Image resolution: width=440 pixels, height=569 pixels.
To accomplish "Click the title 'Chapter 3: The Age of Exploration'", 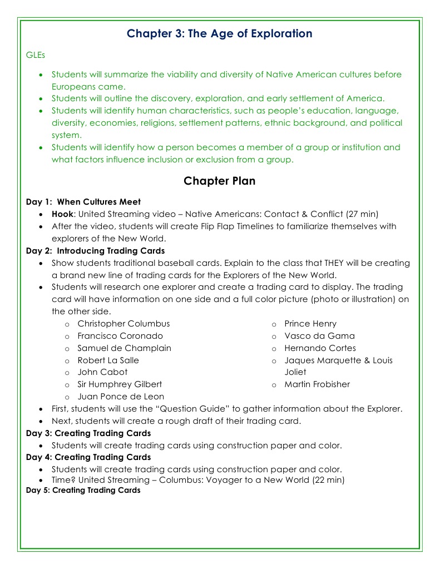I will click(219, 33).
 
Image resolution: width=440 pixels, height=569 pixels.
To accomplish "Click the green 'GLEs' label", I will click(35, 55).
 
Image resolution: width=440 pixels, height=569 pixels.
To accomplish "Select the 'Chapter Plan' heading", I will click(219, 181).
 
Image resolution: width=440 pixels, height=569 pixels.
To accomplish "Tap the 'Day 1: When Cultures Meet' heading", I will click(83, 202).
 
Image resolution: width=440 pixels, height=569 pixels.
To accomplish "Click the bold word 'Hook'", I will click(62, 214).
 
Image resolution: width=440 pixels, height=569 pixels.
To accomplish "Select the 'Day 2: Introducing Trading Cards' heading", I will click(95, 251).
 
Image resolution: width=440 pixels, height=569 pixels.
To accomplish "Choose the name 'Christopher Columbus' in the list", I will click(123, 324).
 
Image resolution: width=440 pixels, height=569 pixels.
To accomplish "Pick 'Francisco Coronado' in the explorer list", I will click(120, 336).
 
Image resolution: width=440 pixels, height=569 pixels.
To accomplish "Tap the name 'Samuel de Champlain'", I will click(124, 348).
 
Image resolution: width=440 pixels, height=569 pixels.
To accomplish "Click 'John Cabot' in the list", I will click(102, 372).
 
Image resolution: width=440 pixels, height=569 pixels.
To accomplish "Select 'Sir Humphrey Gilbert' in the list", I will click(120, 384).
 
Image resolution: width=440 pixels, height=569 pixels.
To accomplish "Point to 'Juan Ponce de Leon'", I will click(121, 397).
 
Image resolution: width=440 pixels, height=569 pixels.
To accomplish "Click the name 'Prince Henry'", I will click(310, 324).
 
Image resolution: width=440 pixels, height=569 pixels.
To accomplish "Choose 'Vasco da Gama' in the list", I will click(319, 336).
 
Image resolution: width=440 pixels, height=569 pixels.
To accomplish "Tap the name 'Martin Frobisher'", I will click(317, 384).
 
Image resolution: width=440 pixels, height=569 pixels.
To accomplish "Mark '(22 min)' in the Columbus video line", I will click(328, 480).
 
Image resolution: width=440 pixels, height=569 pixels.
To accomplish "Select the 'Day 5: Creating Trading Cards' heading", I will click(83, 491).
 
